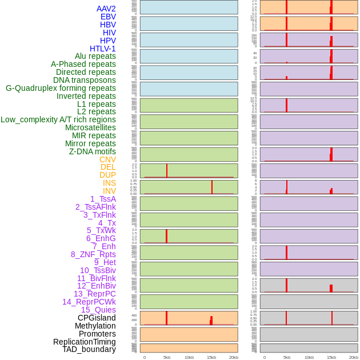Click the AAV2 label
tap(106, 9)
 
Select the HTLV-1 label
tap(102, 49)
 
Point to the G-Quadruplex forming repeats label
tap(61, 88)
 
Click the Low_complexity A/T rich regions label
tap(58, 119)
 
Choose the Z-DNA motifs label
tap(92, 151)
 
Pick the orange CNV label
tap(107, 159)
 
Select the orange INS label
tap(109, 183)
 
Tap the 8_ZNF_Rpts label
tap(93, 254)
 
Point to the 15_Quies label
tap(98, 310)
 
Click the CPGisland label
tap(97, 318)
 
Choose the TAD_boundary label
tap(89, 349)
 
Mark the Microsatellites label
tap(90, 127)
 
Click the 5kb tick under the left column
tap(167, 357)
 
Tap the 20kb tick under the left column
tap(234, 357)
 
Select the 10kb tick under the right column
tap(309, 357)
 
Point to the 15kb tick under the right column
tap(331, 357)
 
